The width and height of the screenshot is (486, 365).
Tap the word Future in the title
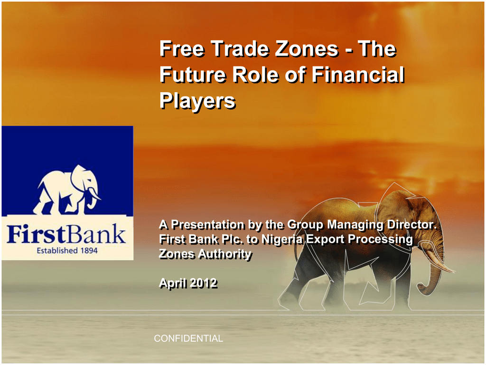point(193,75)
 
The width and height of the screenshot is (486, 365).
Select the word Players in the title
point(197,101)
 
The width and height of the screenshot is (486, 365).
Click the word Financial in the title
point(358,75)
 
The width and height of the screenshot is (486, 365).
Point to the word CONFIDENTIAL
point(188,338)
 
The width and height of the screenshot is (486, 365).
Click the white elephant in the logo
point(67,190)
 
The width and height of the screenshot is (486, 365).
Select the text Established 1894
point(67,250)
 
